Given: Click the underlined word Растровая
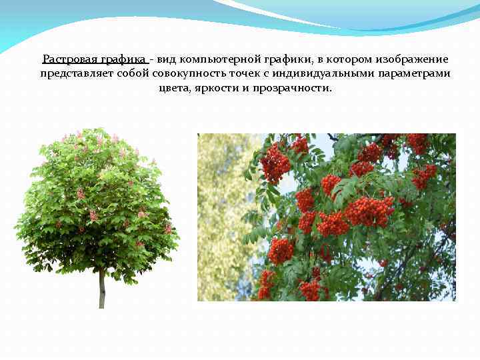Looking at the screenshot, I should click(x=69, y=60).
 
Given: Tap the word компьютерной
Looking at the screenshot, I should click(x=217, y=60).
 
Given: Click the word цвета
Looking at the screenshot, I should click(x=173, y=87).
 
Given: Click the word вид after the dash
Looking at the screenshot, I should click(x=167, y=60).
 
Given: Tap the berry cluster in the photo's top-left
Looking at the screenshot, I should click(x=275, y=163).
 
